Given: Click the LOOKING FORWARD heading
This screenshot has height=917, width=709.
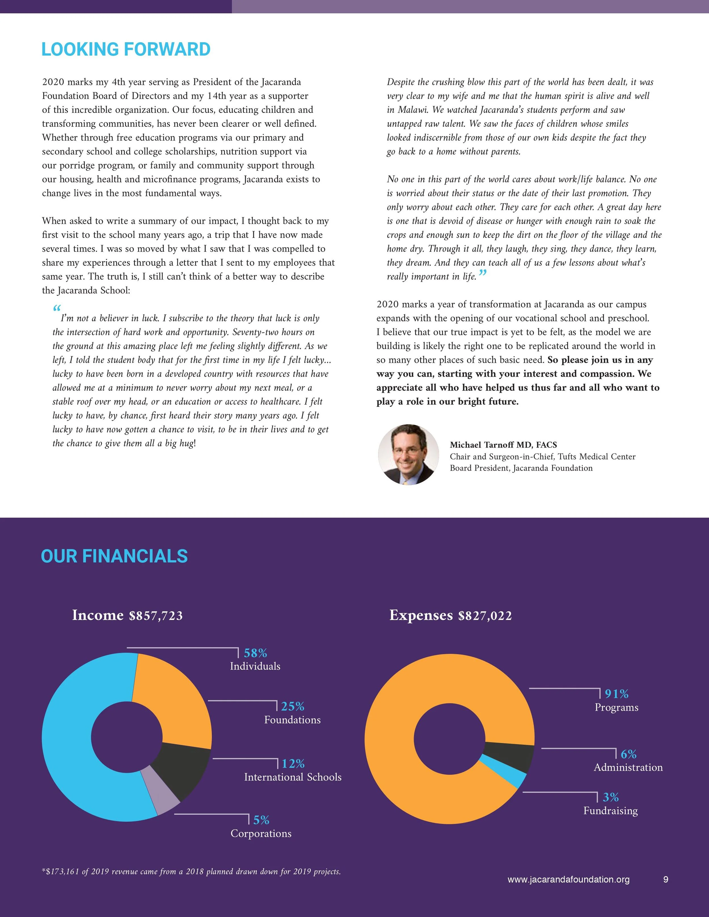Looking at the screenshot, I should (x=126, y=50).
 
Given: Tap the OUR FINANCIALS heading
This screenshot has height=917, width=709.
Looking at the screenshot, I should (x=114, y=556).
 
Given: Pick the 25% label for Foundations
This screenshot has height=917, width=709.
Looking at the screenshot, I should (x=293, y=707).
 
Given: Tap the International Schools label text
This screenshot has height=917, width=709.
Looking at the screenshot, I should (x=293, y=777).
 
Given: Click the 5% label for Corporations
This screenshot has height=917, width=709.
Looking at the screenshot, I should (x=261, y=820).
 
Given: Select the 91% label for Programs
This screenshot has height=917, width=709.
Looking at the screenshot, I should (x=617, y=694).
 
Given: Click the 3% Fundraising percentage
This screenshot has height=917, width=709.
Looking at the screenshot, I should (x=611, y=797).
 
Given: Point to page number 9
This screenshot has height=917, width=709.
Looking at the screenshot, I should (x=666, y=880).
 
